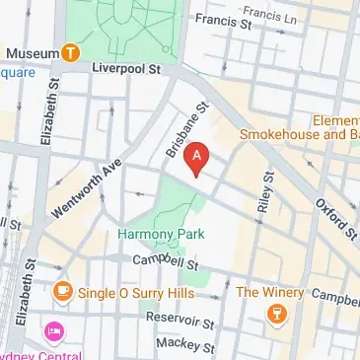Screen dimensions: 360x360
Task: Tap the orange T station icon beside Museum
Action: pos(71,52)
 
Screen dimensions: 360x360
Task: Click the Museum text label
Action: pos(29,51)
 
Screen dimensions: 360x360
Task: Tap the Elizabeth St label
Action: pos(46,114)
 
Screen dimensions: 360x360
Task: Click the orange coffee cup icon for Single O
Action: pos(62,291)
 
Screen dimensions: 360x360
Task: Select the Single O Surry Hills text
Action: pos(127,291)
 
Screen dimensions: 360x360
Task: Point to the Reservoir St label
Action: pos(180,322)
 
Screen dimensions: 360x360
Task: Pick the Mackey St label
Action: pos(185,346)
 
